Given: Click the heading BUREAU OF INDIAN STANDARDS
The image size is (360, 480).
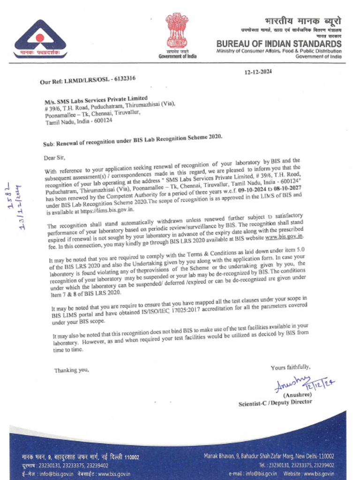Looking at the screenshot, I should point(279,44).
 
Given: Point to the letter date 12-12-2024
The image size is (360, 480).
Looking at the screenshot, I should point(258,72).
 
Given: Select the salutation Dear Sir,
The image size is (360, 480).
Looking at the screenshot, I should point(54,158).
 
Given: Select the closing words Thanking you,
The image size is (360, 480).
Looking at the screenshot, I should point(71,370).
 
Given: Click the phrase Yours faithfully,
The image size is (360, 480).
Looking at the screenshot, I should point(290,367).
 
